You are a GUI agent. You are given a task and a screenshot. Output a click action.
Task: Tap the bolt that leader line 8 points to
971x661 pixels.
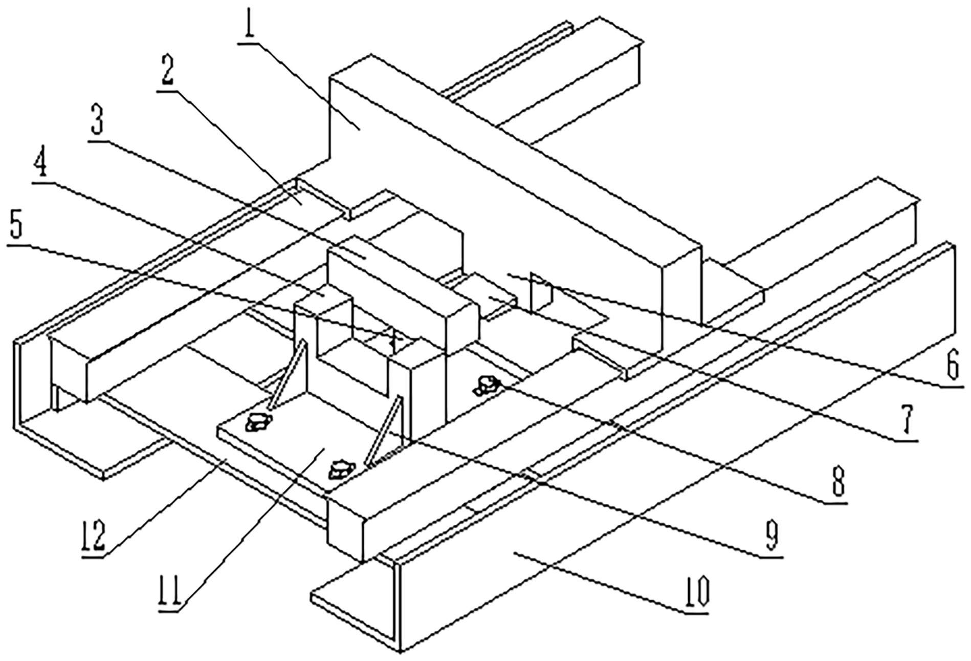tap(487, 385)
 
